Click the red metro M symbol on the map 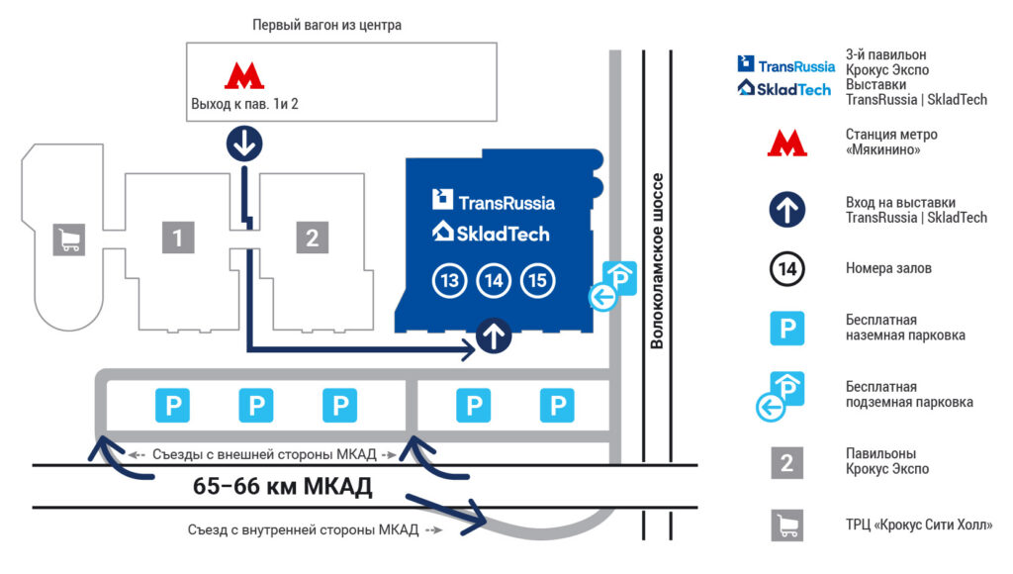(x=244, y=75)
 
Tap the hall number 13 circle (x=449, y=280)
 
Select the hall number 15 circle (x=537, y=280)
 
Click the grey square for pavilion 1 (x=178, y=238)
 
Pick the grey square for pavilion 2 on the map (x=312, y=238)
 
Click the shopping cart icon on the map (x=69, y=239)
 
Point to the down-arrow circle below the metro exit (x=244, y=143)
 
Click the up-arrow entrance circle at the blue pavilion (x=494, y=336)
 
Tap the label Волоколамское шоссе (x=657, y=261)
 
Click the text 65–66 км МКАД (x=282, y=486)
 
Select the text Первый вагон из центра (x=326, y=25)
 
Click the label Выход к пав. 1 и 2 (x=244, y=104)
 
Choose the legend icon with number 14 (x=786, y=268)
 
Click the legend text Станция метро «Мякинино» (x=891, y=143)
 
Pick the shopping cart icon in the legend (x=786, y=525)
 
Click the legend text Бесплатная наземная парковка (x=906, y=328)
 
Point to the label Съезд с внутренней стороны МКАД (x=303, y=530)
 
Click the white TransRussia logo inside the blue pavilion (x=494, y=200)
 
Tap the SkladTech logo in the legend (x=784, y=88)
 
